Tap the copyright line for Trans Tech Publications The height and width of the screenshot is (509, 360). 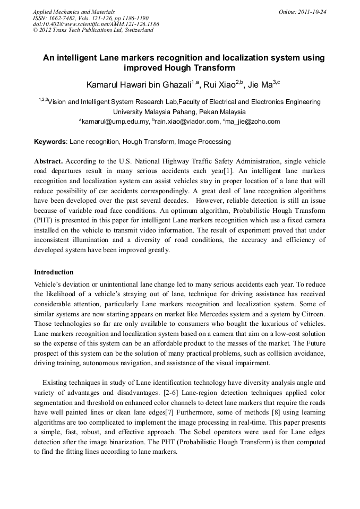click(93, 30)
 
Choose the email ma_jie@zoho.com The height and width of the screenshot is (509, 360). click(252, 122)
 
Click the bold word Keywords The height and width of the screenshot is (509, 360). click(50, 142)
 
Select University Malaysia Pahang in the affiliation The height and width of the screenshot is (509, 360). click(155, 112)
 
